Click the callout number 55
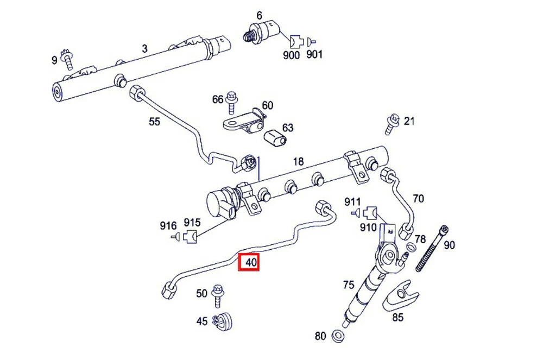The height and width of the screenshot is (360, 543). (x=155, y=122)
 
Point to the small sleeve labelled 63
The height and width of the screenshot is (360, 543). (x=275, y=139)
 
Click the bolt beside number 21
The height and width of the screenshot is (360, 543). (x=392, y=124)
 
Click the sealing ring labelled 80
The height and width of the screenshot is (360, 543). (x=337, y=335)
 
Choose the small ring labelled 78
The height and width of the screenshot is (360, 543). (x=411, y=248)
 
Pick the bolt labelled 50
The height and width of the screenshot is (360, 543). (x=218, y=293)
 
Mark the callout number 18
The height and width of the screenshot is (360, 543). (x=298, y=162)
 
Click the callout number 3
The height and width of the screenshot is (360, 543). (x=144, y=48)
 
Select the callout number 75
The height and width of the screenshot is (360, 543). (x=348, y=285)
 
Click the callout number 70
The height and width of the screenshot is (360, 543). (x=418, y=199)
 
